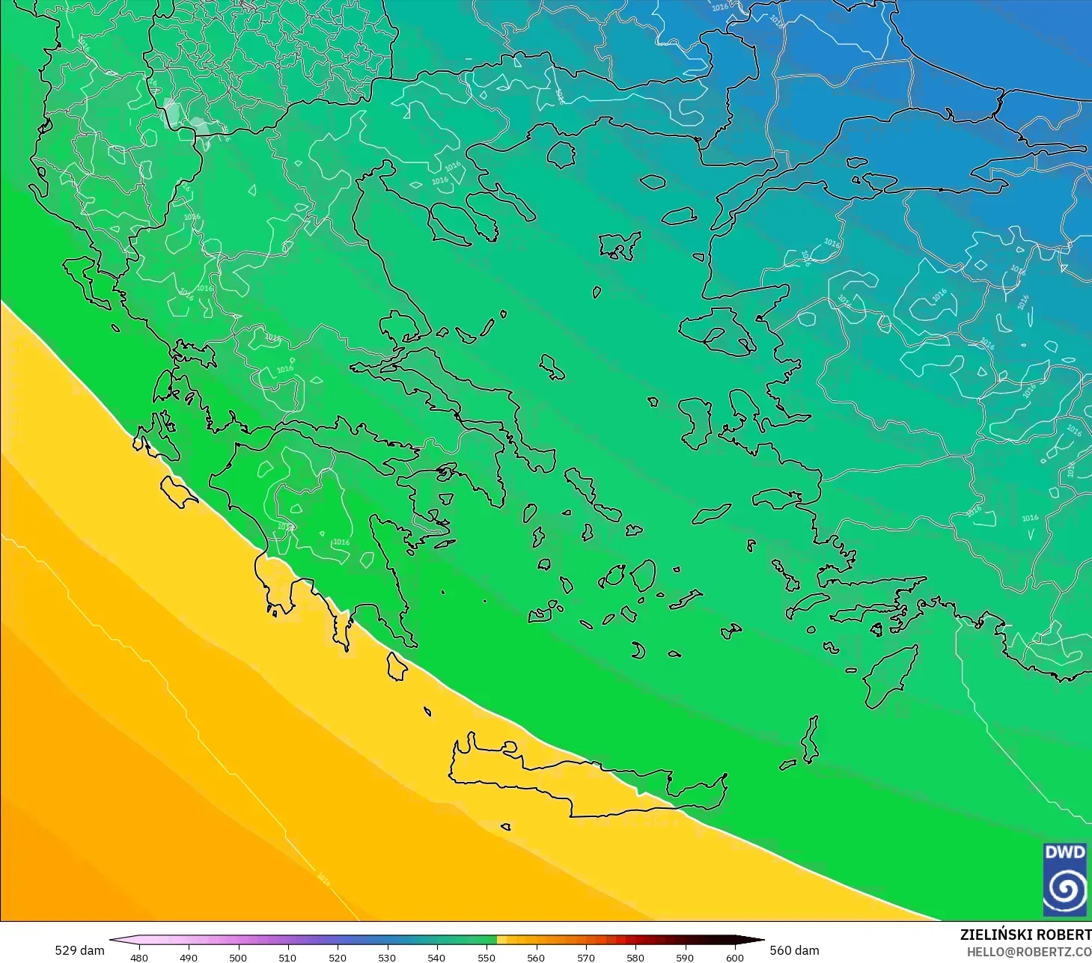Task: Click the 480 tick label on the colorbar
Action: pos(139,957)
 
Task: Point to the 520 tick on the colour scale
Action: pos(338,957)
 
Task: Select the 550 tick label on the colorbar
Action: pos(486,957)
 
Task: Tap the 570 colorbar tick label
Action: pos(586,957)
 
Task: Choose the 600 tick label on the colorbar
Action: pos(734,957)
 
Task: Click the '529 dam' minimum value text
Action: pos(79,950)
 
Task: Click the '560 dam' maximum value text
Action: pos(794,950)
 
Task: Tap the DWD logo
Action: pos(1064,879)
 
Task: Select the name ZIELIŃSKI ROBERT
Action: pos(1025,935)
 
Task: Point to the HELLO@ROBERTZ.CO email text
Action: pos(1028,953)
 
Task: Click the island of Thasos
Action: pos(561,155)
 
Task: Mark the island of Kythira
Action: pos(397,666)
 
